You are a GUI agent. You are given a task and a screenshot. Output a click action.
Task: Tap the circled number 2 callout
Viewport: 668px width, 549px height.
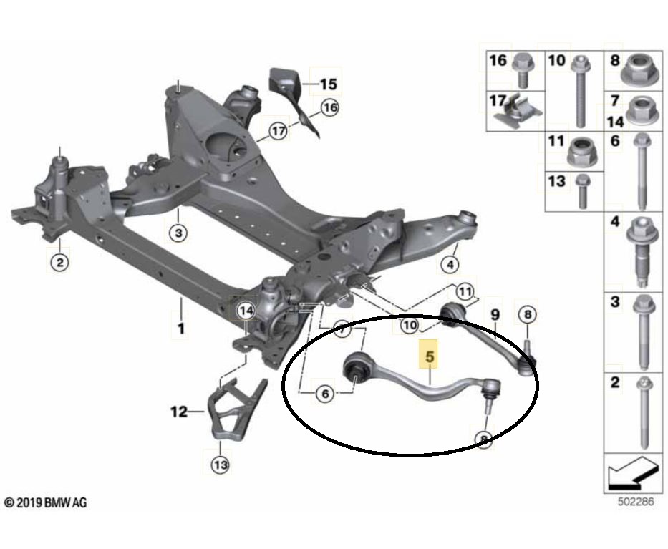[x=59, y=262]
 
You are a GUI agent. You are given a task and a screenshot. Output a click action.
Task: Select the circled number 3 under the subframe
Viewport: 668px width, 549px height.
[x=178, y=233]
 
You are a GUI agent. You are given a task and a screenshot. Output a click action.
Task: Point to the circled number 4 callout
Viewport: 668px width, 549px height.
[x=450, y=265]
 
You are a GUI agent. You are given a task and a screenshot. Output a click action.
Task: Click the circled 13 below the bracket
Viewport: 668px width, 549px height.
[x=221, y=465]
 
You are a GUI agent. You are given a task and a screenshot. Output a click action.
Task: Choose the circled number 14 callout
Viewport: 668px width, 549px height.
[x=246, y=311]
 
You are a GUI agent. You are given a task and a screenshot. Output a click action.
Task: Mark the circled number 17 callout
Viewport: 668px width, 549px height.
[x=279, y=130]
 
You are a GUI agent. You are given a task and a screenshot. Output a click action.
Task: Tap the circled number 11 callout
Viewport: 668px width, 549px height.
[x=465, y=292]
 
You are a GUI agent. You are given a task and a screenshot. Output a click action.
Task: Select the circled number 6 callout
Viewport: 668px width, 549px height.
[x=325, y=394]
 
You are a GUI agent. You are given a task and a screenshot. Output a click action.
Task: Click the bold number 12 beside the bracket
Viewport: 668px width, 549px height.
[x=179, y=412]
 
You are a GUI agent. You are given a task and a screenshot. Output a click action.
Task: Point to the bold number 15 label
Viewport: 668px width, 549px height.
[x=328, y=84]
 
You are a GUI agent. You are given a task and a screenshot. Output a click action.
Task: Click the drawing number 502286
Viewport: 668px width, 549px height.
[x=636, y=501]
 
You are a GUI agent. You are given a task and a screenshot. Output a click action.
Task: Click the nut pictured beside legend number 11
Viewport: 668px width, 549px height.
[x=582, y=152]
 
